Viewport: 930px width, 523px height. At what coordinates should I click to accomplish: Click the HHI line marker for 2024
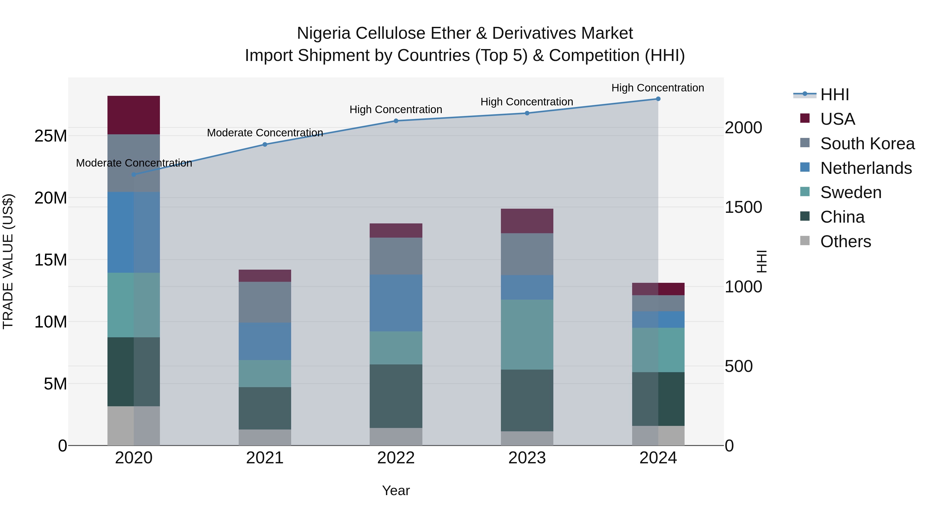(658, 99)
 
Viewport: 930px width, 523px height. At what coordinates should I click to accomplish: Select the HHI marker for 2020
(134, 175)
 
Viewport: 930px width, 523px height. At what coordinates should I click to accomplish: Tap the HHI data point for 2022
(396, 121)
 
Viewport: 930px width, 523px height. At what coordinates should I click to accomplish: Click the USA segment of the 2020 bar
(134, 115)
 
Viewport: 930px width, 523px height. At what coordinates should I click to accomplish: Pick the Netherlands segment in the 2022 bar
(396, 303)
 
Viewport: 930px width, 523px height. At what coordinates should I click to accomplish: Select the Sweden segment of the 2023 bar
(527, 334)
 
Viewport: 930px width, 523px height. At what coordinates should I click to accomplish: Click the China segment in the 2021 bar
(265, 408)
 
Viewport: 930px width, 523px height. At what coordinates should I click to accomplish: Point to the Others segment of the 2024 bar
(658, 436)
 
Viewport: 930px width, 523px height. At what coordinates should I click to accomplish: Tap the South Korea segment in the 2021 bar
(265, 302)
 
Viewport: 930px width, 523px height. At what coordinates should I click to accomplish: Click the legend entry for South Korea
(867, 144)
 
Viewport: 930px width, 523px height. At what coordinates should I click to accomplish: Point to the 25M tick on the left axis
(51, 136)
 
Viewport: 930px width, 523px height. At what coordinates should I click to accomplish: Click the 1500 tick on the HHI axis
(743, 207)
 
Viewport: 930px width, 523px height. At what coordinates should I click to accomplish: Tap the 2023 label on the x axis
(527, 458)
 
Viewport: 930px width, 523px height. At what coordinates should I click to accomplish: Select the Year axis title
(396, 490)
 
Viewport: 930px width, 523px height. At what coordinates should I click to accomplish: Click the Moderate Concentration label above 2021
(265, 133)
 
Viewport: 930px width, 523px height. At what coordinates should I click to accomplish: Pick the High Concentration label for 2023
(527, 102)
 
